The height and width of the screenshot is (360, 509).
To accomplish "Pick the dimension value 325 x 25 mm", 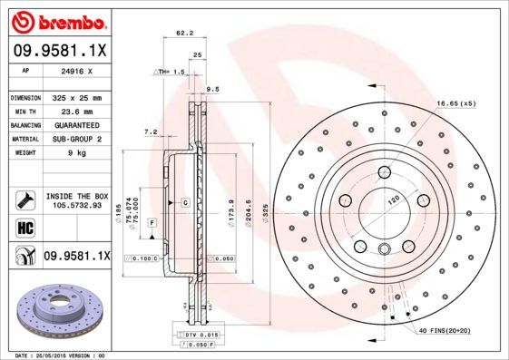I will [x=77, y=97].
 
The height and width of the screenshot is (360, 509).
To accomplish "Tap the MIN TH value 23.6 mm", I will [x=77, y=111].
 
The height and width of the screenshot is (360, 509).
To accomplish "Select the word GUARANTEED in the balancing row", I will [x=77, y=124].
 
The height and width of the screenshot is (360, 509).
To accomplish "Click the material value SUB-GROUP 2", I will [x=77, y=139].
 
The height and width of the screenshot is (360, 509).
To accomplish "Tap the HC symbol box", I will [x=22, y=228].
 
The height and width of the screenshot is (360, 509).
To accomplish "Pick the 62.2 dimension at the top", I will [x=184, y=34].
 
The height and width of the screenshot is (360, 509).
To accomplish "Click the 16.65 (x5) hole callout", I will [x=455, y=103].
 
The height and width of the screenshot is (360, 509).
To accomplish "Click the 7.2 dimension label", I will [x=151, y=131].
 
